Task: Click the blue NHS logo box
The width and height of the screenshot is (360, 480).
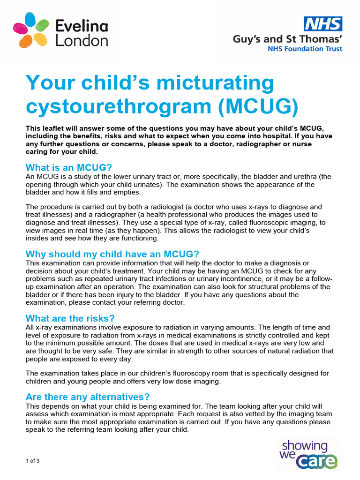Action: tap(323, 24)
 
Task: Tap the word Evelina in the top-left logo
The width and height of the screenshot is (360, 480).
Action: tap(82, 26)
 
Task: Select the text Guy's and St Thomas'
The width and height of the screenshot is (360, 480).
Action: tap(287, 39)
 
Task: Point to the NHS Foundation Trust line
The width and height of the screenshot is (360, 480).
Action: tap(305, 49)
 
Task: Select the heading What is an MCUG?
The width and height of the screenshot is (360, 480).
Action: tap(69, 168)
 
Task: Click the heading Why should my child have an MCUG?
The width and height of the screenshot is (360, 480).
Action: tap(112, 254)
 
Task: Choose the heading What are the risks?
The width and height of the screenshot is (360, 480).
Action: tap(70, 318)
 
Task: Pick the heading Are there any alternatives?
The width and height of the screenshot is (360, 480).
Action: tap(88, 397)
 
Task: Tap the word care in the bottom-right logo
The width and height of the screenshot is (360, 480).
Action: tap(319, 461)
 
